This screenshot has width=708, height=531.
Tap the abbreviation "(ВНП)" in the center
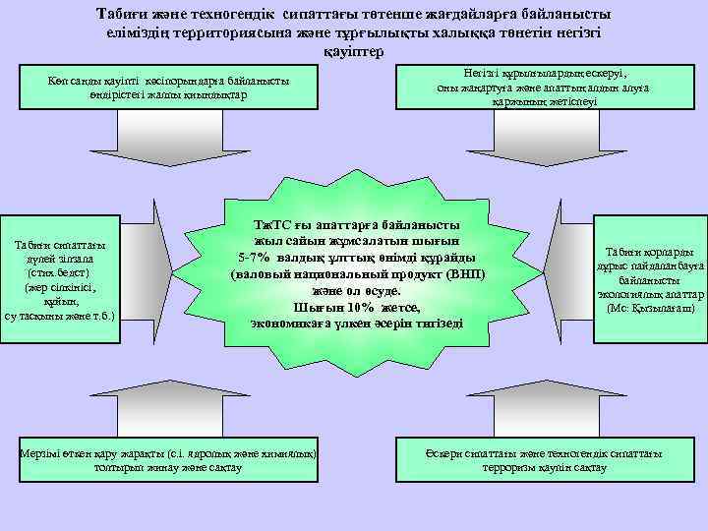point(463,274)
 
